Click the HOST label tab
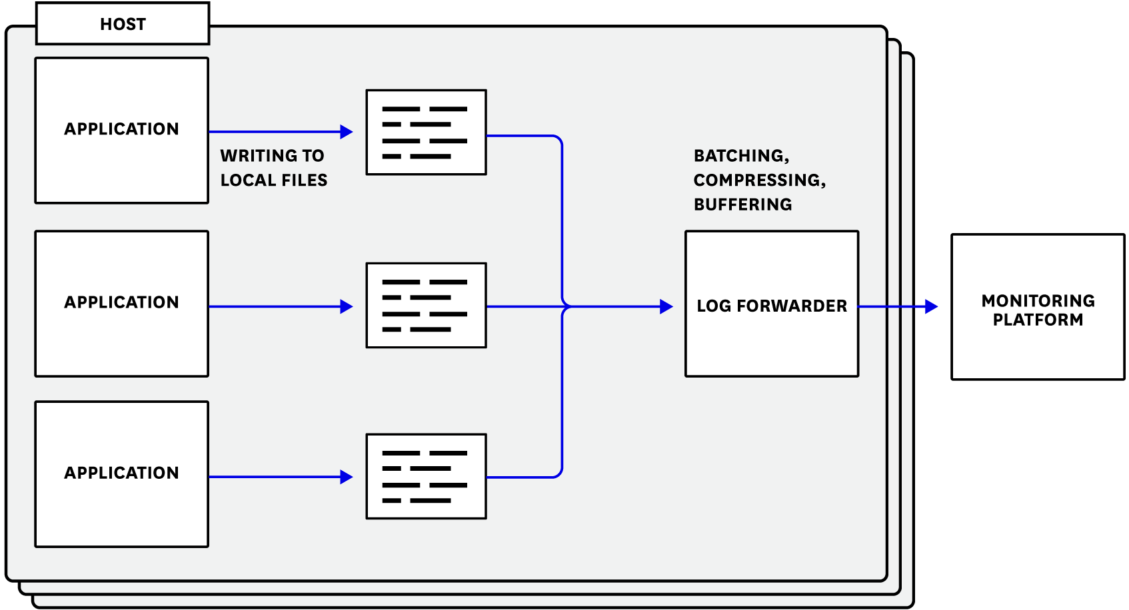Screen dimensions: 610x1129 coord(123,25)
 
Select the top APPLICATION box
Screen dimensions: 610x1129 coord(122,131)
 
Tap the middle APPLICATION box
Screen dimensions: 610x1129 coord(122,304)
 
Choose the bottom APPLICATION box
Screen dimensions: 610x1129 coord(122,474)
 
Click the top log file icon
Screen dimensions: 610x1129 coord(427,133)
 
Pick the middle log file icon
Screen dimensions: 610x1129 coord(427,306)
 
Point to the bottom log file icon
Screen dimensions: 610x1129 coord(427,477)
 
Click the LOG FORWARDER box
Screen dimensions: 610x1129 coord(772,304)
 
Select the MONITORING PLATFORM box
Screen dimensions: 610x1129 coord(1038,307)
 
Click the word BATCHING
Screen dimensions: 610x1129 coord(740,156)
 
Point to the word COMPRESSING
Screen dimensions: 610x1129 coord(758,180)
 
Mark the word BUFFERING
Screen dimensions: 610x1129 coord(742,205)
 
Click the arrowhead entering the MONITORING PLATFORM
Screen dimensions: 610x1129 coord(932,307)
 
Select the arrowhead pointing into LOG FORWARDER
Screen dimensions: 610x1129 coord(666,307)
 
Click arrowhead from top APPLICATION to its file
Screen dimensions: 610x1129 coord(346,132)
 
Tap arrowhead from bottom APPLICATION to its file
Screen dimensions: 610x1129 coord(346,477)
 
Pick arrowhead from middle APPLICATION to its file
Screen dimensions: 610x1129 coord(346,307)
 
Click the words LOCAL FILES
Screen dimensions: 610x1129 coord(274,180)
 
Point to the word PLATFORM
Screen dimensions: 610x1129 coord(1038,320)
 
